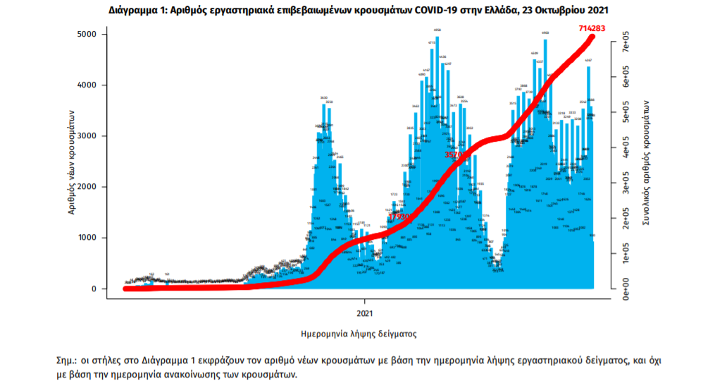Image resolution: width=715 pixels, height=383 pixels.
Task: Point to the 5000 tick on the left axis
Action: click(87, 35)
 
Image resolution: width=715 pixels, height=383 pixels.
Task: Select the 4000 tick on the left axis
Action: click(87, 85)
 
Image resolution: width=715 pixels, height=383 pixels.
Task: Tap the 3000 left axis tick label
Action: click(87, 136)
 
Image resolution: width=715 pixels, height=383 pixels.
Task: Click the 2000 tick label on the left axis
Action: click(87, 187)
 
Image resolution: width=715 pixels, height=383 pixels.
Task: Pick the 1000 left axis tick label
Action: click(87, 238)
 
